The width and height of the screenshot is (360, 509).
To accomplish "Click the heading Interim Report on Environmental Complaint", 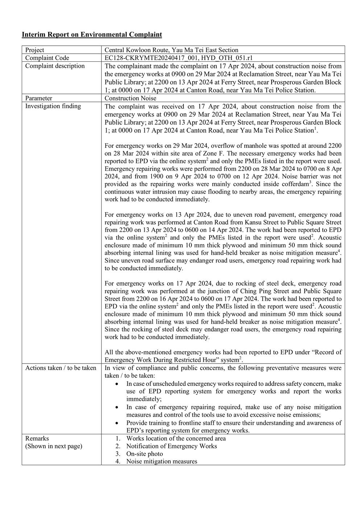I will coord(92,35).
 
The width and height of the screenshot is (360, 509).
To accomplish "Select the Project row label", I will coord(34,50).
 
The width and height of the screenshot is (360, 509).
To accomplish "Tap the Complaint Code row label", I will coord(47,58).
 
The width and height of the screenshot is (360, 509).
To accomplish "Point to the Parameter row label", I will coord(38,98).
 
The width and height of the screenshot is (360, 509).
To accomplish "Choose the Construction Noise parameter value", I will coord(131,98).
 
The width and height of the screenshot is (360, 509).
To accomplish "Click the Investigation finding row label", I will coord(53,106).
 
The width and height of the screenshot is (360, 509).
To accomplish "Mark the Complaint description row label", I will coord(55,66).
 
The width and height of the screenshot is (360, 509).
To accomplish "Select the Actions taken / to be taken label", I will coord(61,368).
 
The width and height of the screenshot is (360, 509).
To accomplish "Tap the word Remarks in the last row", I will coord(37,438).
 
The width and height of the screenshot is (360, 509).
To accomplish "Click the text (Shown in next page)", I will coord(54,446).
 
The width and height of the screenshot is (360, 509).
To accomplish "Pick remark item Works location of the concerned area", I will coord(176,438).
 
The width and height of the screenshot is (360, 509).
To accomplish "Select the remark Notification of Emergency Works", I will coord(171,446).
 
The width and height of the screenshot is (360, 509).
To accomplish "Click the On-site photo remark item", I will coord(145,454).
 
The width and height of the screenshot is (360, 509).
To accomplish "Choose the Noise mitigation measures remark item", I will coord(162,461).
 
